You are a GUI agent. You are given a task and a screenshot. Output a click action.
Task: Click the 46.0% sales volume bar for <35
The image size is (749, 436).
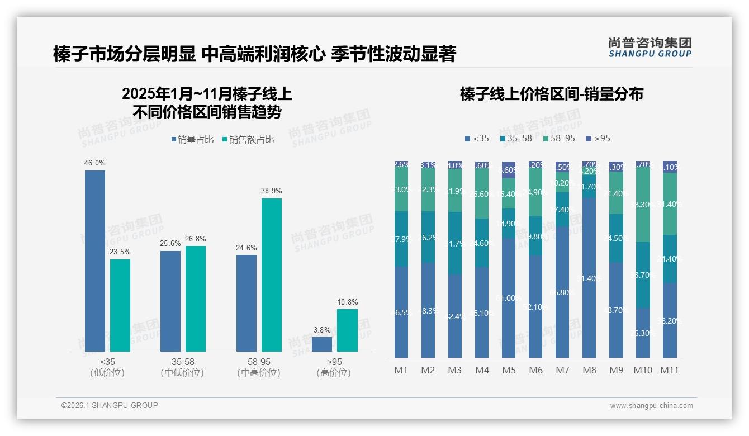click(95, 261)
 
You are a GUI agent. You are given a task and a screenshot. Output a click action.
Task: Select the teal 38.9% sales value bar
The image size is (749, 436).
click(271, 275)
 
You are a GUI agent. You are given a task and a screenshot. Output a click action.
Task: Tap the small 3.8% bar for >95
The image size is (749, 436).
click(321, 344)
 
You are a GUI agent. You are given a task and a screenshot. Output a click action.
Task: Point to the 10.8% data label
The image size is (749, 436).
click(348, 302)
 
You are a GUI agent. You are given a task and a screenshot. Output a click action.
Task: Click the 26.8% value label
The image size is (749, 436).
click(195, 239)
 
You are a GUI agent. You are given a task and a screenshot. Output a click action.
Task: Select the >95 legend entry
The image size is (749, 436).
click(598, 138)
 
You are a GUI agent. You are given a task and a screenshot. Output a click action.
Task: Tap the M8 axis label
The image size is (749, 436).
click(589, 370)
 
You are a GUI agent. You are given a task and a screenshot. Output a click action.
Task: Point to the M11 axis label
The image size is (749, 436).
click(670, 370)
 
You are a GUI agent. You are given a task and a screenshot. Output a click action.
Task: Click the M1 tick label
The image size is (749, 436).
click(401, 370)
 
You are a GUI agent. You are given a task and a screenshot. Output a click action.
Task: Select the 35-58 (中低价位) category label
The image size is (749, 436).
click(182, 367)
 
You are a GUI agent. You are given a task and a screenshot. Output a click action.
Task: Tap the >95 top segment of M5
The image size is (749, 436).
click(509, 170)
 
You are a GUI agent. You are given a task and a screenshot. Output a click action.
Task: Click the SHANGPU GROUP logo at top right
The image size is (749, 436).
click(650, 47)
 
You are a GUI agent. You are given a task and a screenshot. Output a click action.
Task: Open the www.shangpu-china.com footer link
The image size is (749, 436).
click(651, 406)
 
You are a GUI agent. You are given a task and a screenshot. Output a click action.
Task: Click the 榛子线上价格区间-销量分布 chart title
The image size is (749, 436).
click(551, 94)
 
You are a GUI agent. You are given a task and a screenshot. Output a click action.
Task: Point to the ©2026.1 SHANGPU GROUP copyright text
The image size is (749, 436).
click(110, 405)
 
